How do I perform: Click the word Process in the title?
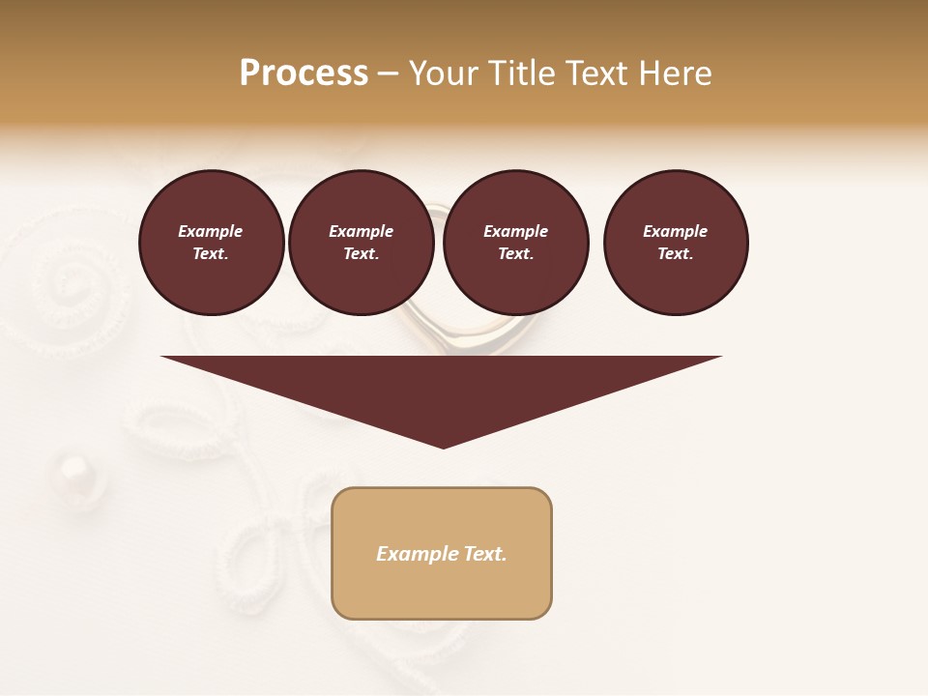click(304, 73)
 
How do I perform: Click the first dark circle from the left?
click(211, 243)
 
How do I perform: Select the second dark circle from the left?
click(361, 243)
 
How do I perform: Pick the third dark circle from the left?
click(515, 243)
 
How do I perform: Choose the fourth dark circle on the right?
click(675, 243)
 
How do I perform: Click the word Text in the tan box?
click(484, 554)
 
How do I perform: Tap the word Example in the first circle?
click(211, 231)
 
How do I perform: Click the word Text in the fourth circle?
click(674, 254)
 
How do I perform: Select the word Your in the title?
click(444, 73)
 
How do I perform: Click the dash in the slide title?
click(389, 73)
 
